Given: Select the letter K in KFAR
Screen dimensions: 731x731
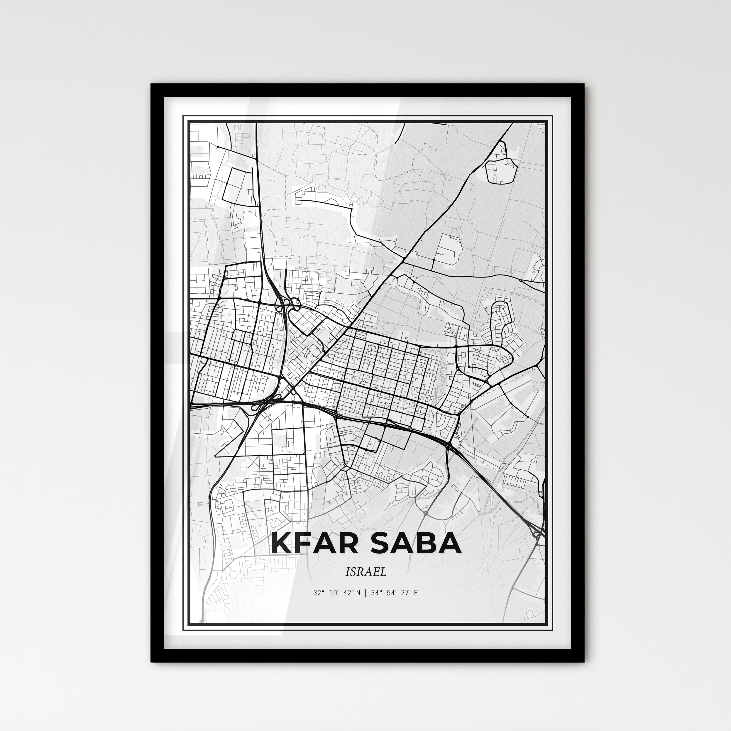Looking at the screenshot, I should tap(282, 544).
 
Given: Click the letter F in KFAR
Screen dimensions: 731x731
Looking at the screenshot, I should tap(303, 544).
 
